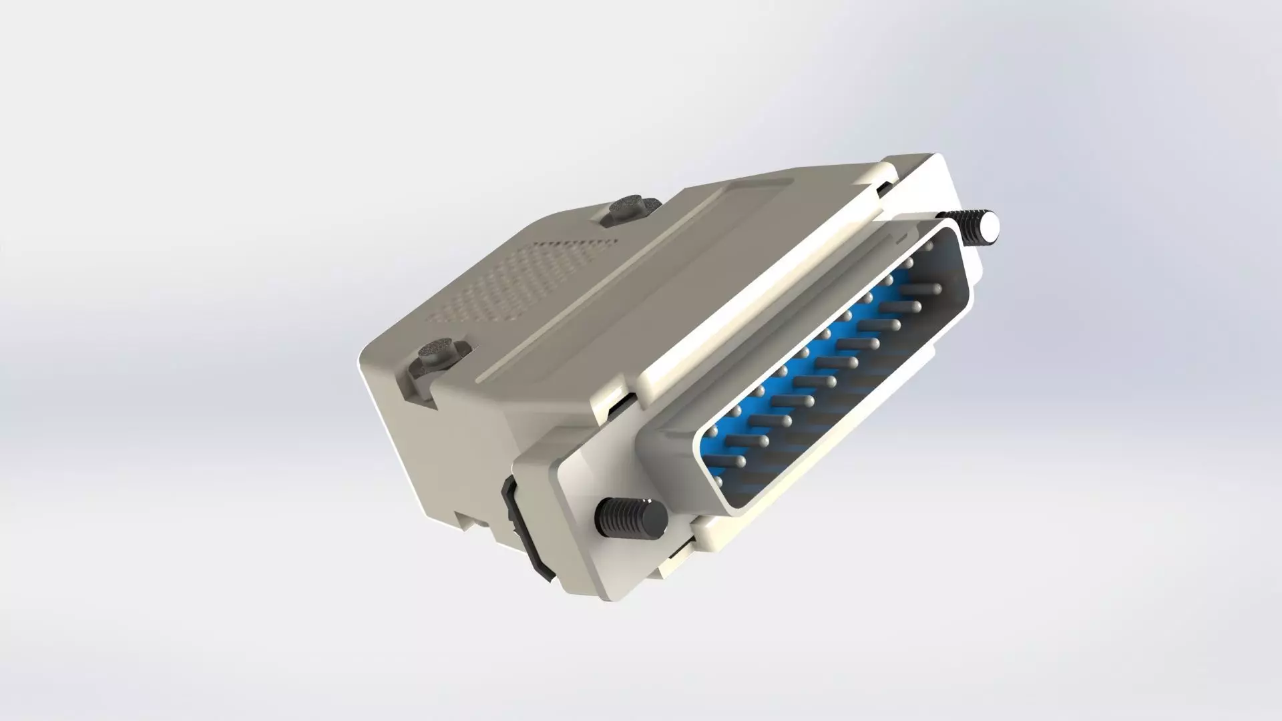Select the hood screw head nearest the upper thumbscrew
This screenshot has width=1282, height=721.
click(630, 208)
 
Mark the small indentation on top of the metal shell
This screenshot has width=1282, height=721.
click(901, 237)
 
